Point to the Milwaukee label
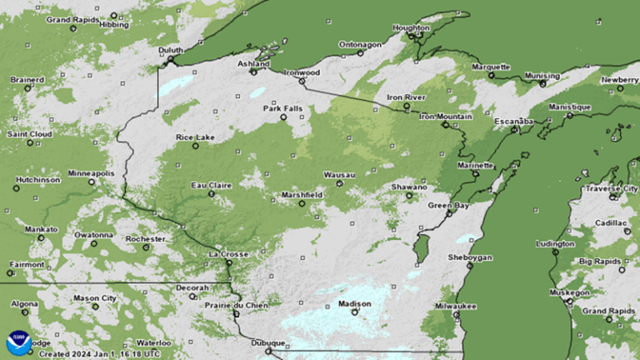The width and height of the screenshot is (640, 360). coord(456,307)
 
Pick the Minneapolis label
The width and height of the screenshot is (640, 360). coord(91,172)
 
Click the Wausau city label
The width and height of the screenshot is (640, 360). coord(339,174)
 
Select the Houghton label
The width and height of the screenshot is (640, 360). coord(410,27)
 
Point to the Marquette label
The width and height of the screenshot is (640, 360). coord(490,67)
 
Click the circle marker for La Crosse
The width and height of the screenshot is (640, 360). coord(229,262)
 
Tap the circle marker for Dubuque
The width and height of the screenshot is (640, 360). coord(268,352)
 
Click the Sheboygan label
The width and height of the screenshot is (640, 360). coord(469,257)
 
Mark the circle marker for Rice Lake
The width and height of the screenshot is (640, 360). coord(196,146)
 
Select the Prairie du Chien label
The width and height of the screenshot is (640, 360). coord(236,305)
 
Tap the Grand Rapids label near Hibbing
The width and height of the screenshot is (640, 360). coord(70,19)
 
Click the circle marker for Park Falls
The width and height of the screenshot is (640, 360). coord(283,117)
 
